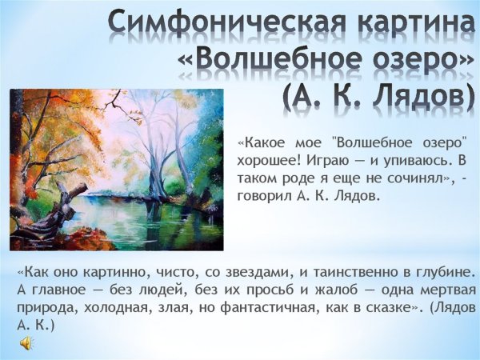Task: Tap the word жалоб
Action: pos(336,289)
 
